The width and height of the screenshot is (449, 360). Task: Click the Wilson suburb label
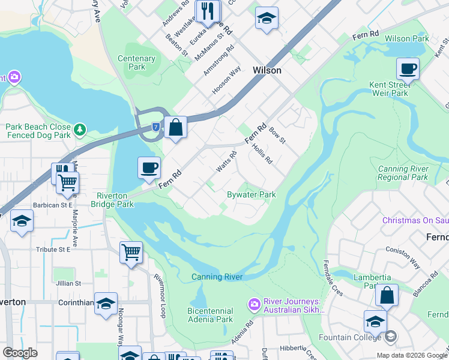coord(267,70)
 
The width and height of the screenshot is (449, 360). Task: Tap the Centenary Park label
coord(137,63)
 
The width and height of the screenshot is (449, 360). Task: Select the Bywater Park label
coord(251,194)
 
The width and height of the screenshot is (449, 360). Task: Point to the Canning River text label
coord(217,277)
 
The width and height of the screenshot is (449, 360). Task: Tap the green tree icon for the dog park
coord(79,130)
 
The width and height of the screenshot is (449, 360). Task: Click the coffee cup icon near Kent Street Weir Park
coord(408,69)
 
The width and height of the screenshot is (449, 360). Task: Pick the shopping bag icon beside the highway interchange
coord(175,128)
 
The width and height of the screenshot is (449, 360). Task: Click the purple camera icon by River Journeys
coord(254,305)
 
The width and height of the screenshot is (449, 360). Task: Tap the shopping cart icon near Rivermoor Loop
coord(131,253)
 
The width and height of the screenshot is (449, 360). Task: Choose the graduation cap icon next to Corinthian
coord(106,304)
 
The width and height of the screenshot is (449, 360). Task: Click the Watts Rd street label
coord(226,161)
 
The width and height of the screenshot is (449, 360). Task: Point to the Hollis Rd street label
coord(262,153)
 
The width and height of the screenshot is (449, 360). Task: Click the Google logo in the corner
coord(20,353)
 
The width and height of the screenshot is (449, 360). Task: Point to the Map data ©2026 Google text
coord(411,355)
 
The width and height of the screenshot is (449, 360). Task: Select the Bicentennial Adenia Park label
coord(209,315)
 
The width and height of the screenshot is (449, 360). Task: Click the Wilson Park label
coord(407,38)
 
